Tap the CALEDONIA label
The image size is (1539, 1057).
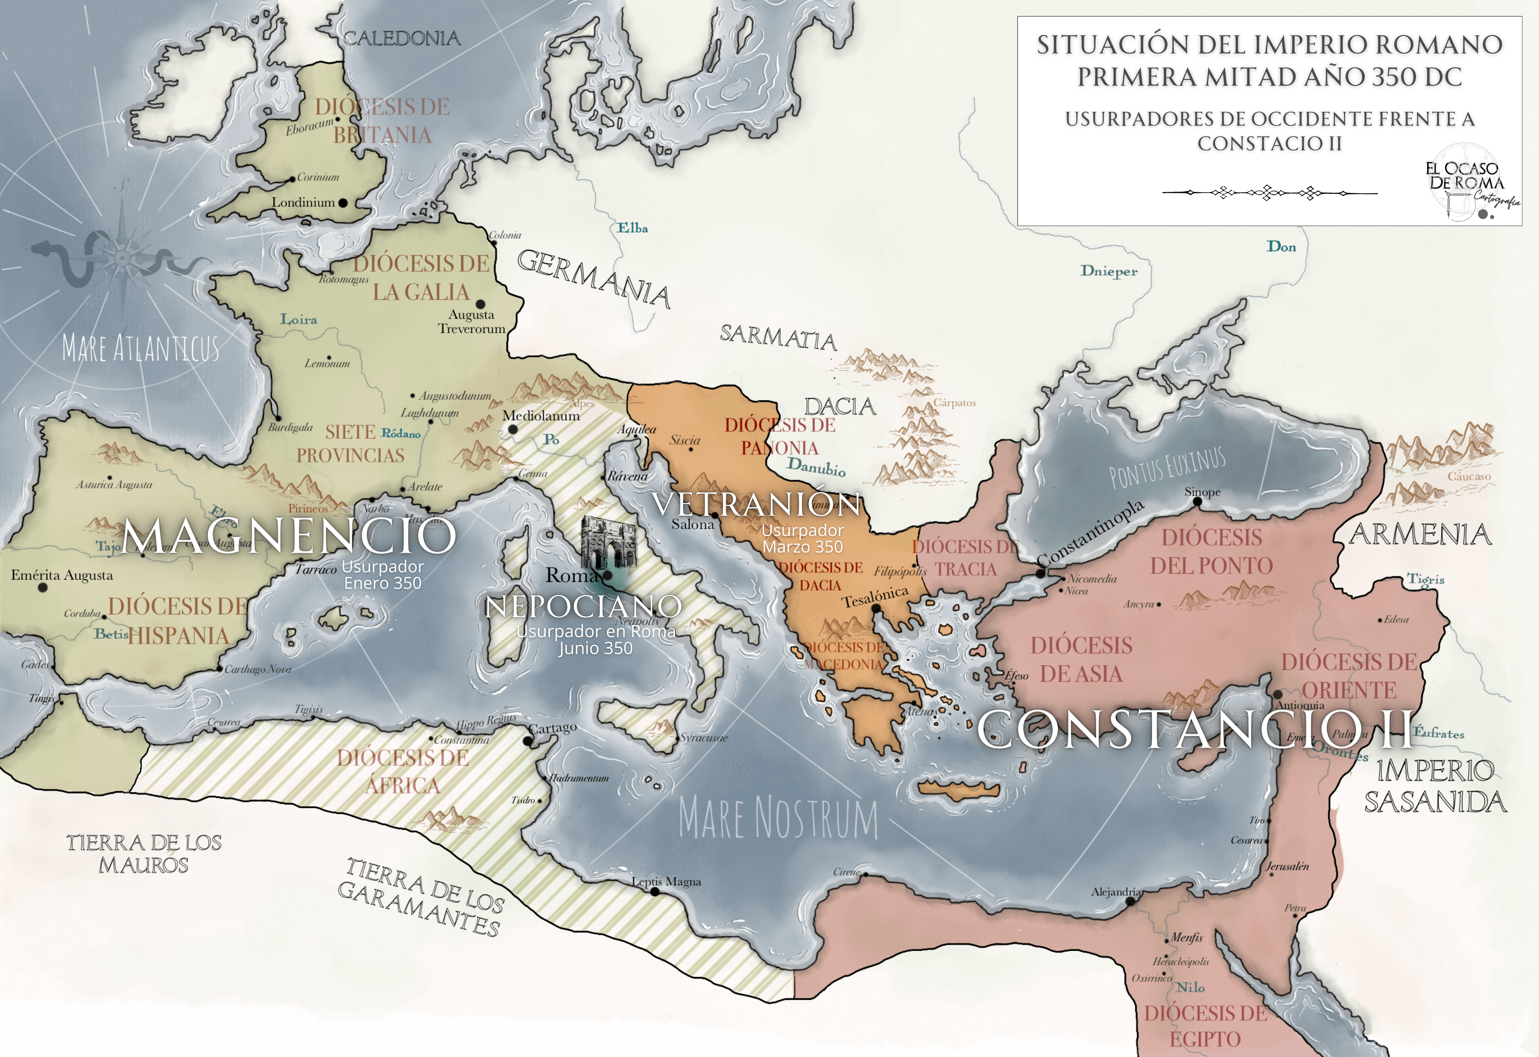[x=402, y=38]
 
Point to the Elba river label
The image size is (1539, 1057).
[x=632, y=228]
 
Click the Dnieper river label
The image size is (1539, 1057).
[x=1108, y=271]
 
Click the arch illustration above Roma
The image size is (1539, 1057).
[x=608, y=543]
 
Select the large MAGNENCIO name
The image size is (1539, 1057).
[x=289, y=535]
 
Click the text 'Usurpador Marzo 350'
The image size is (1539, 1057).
[x=802, y=539]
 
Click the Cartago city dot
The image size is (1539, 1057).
[x=528, y=741]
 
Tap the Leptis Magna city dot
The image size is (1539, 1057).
[x=655, y=892]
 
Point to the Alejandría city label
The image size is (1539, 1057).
[x=1116, y=892]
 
